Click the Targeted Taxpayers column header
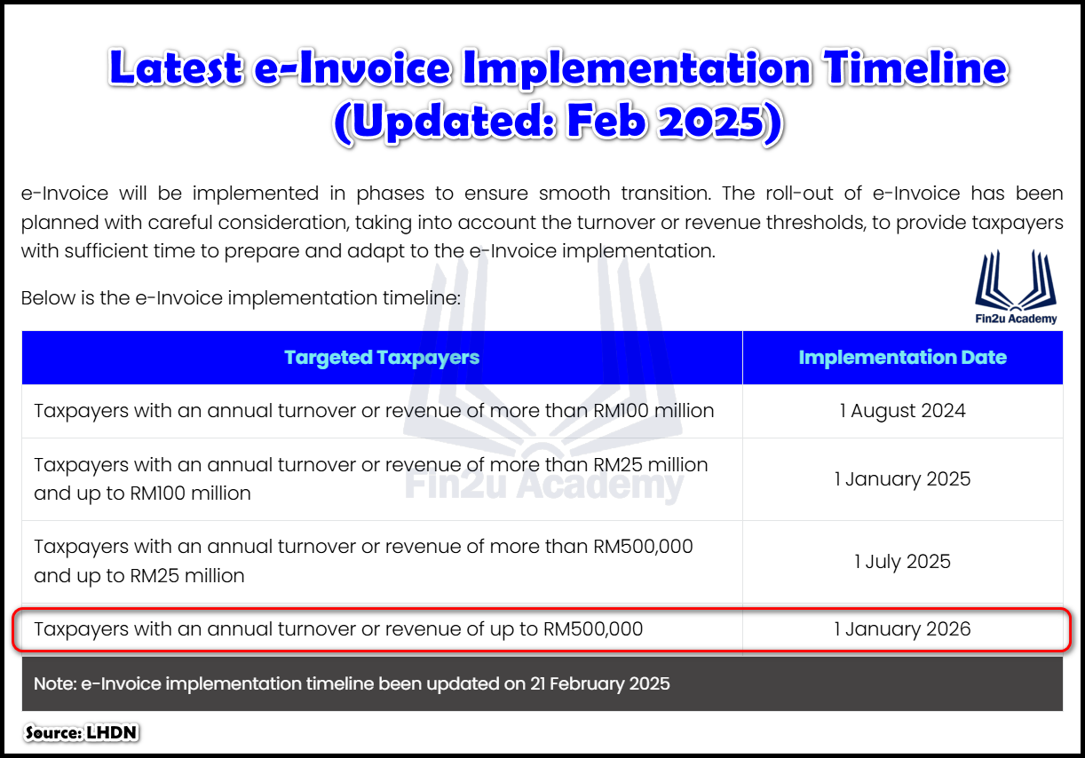382,358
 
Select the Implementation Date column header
902,358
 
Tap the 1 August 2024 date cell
902,411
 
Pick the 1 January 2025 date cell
902,479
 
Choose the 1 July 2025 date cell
902,562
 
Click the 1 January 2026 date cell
902,629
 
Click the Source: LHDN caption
82,733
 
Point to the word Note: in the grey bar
55,684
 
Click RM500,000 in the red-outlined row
592,629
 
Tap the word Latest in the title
177,69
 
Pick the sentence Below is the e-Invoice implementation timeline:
241,297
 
